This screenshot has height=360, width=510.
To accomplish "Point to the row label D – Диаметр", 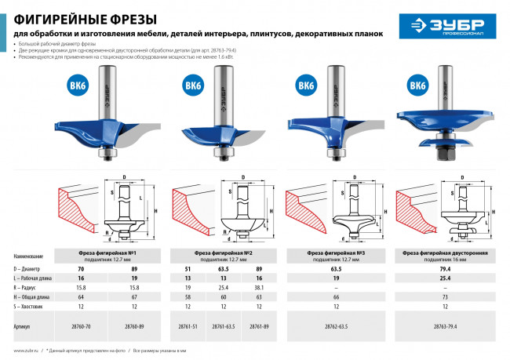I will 31,269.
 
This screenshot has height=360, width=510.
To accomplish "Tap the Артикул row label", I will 24,324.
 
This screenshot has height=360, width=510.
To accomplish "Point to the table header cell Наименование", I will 28,256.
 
